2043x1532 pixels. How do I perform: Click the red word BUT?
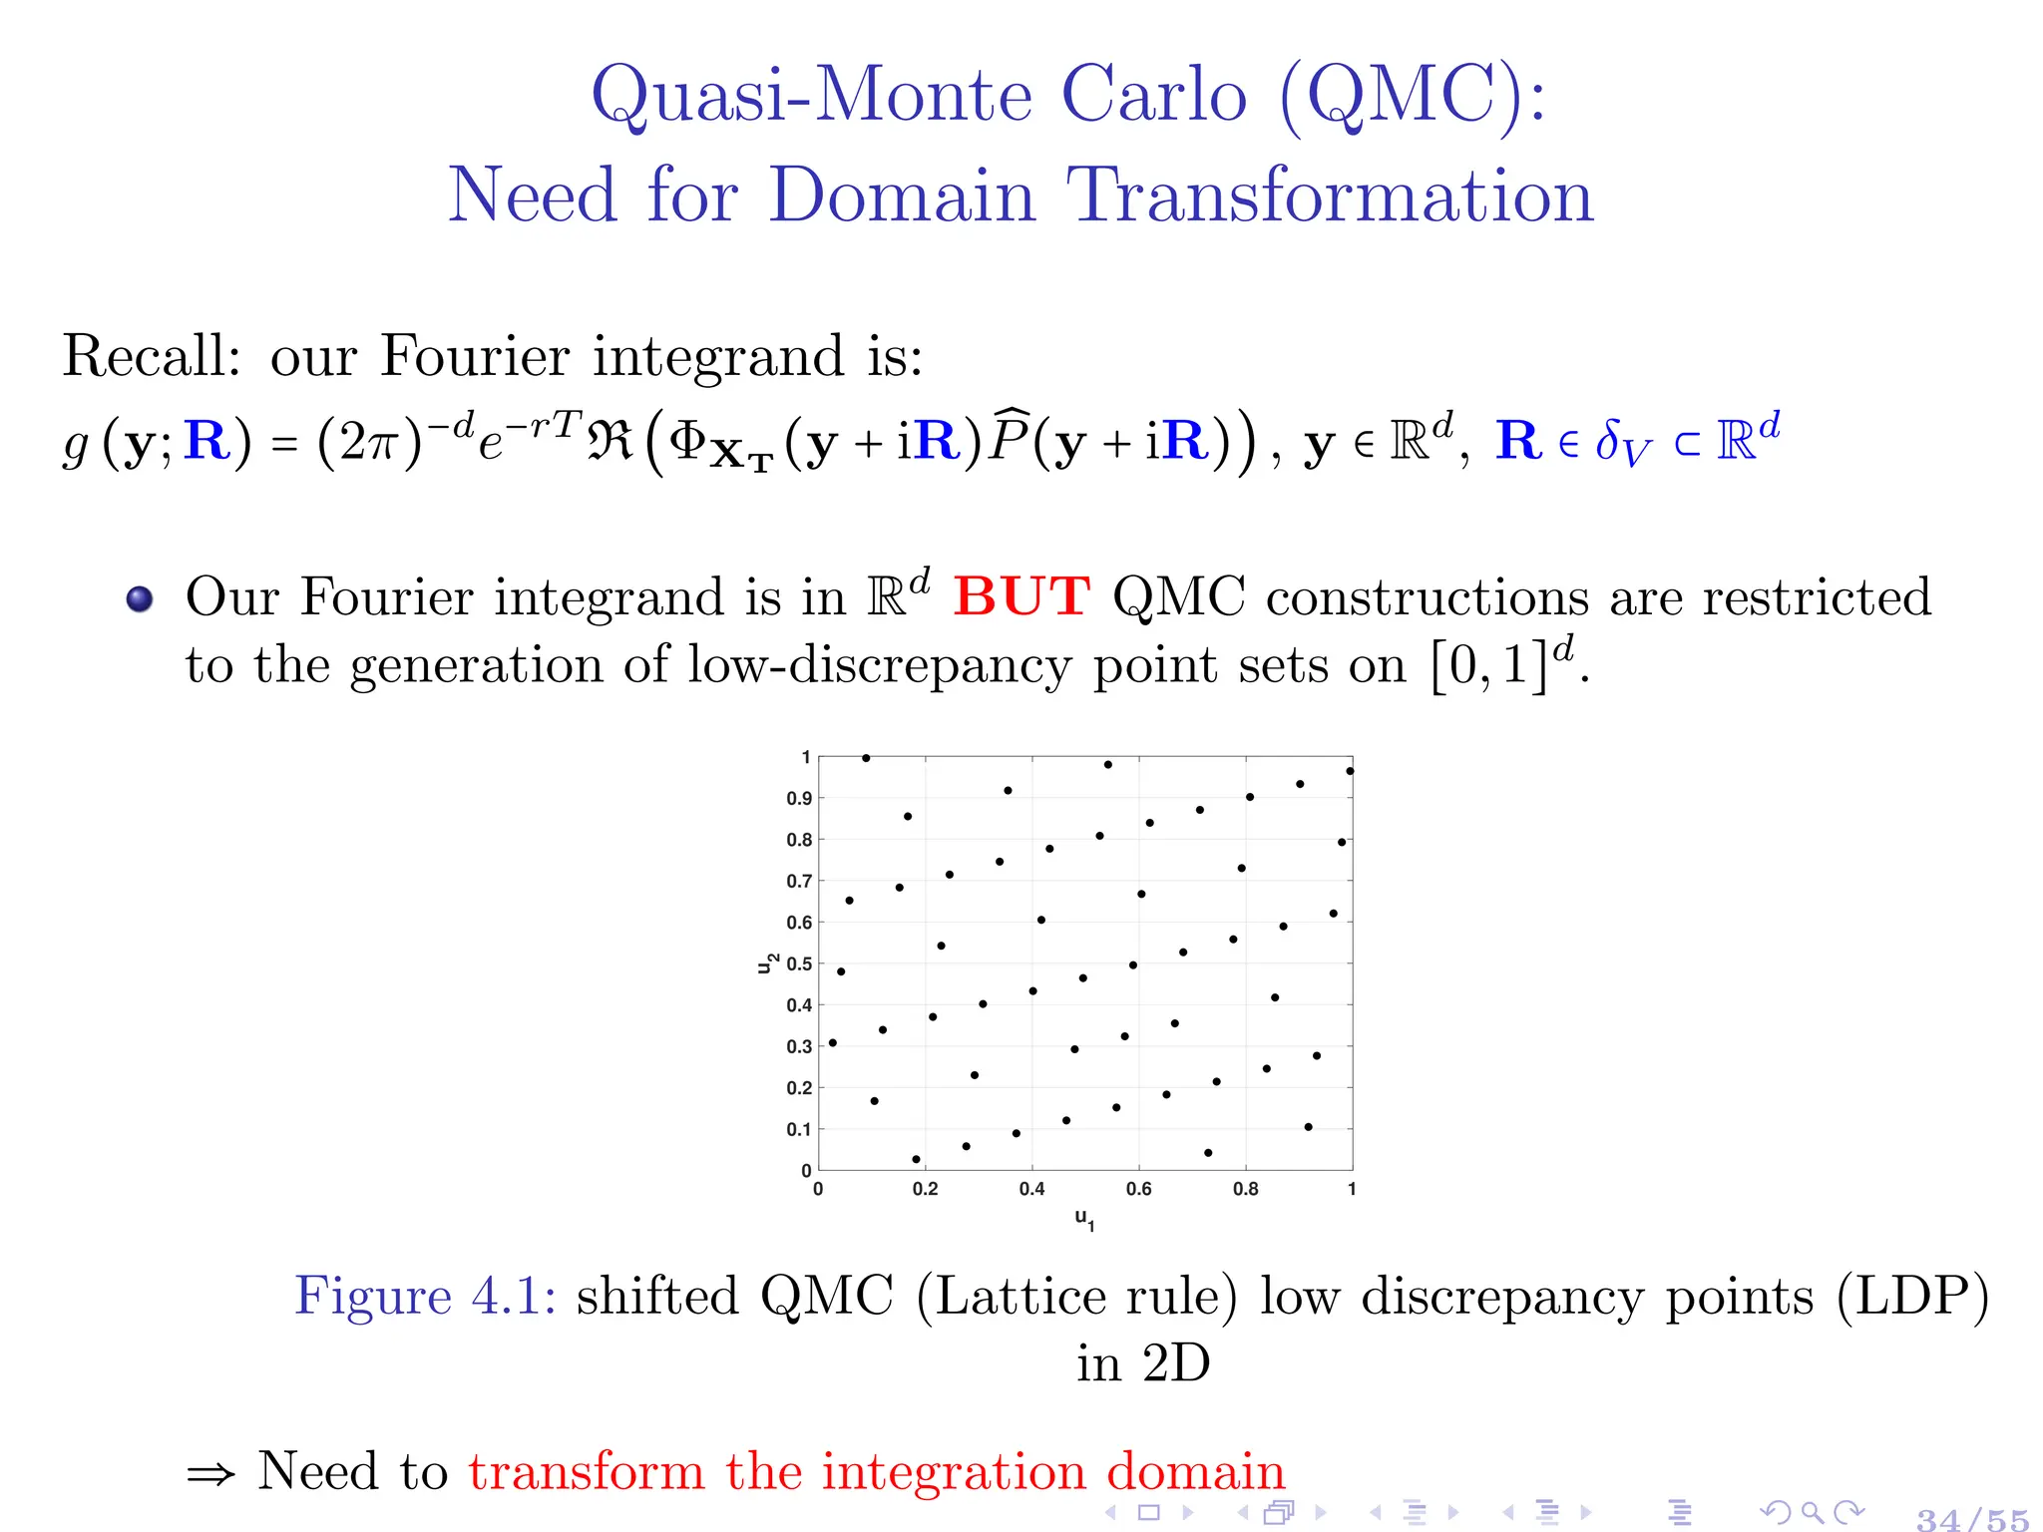click(1021, 596)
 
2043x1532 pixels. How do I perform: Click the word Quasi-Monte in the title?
click(811, 96)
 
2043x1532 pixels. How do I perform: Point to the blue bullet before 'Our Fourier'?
click(140, 598)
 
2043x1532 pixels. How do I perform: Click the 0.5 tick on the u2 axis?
click(799, 964)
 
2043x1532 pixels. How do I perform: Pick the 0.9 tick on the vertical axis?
click(799, 799)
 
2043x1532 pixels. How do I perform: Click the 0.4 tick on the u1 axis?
click(1031, 1189)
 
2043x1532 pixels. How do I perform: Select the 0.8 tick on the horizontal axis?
click(1245, 1189)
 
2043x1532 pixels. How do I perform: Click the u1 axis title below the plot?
click(1084, 1218)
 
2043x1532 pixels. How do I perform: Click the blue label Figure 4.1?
click(425, 1297)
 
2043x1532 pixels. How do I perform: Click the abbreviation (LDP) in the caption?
click(1912, 1297)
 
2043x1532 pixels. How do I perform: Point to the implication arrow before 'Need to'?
click(211, 1474)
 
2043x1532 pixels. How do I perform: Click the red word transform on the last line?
click(587, 1472)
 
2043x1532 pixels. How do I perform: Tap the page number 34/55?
click(1972, 1519)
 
